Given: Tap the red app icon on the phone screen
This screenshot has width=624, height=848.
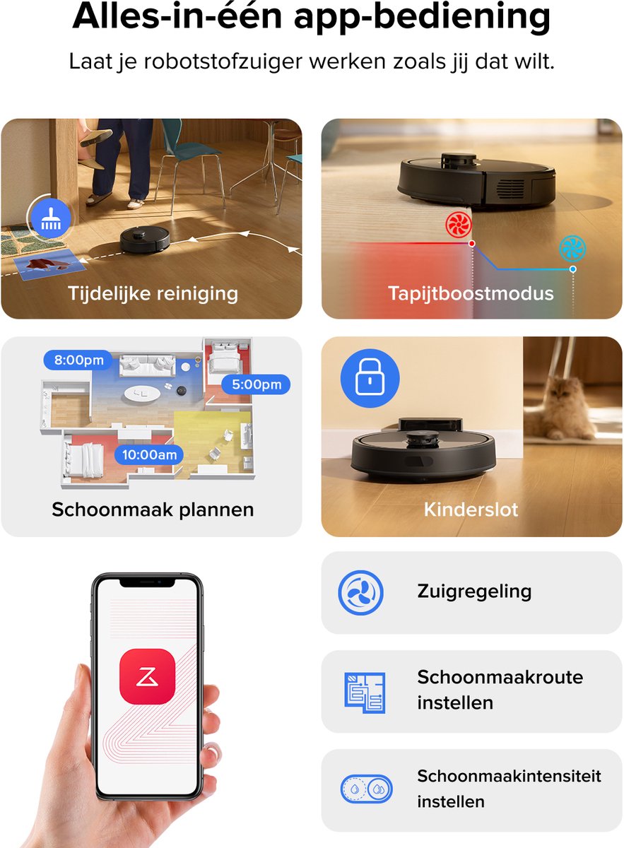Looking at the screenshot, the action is click(x=147, y=676).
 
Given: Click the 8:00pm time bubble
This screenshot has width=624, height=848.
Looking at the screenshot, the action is click(x=78, y=360).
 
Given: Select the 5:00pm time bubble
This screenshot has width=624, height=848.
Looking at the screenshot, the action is click(x=257, y=384).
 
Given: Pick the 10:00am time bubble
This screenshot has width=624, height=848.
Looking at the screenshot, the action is click(x=149, y=454).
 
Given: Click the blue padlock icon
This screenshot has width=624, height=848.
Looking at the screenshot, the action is click(x=370, y=378).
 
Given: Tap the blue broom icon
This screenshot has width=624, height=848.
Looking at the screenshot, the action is click(x=51, y=218).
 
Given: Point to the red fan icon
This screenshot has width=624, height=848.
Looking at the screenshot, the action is click(x=459, y=225).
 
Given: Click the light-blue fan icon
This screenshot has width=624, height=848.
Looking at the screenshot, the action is click(x=573, y=248).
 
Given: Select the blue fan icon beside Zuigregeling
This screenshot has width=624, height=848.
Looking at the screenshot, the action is click(x=360, y=592).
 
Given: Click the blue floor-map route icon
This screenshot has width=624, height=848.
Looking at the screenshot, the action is click(x=365, y=693).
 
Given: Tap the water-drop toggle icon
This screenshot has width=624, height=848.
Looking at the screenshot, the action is click(x=367, y=789).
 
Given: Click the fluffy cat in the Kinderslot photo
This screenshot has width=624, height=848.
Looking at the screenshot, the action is click(x=560, y=410).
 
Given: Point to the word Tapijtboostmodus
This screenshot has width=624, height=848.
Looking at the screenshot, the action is click(x=471, y=294).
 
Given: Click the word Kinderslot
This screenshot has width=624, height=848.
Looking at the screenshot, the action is click(x=471, y=510).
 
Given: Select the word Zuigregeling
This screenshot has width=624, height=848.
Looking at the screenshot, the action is click(x=474, y=591).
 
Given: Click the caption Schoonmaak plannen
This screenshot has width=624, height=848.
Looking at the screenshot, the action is click(x=153, y=510).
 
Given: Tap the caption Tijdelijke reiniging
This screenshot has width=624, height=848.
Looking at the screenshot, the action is click(x=153, y=294).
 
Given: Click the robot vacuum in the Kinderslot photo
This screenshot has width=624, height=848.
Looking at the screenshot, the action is click(x=423, y=449).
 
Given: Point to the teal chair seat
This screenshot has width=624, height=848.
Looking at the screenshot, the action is click(x=198, y=150).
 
